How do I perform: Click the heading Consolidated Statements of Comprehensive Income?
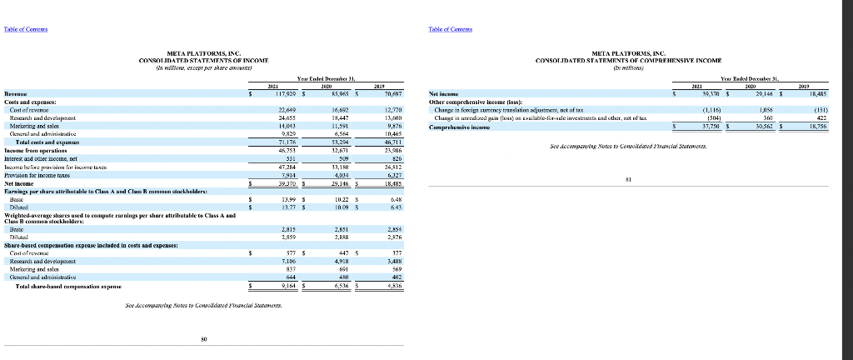tap(636, 61)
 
